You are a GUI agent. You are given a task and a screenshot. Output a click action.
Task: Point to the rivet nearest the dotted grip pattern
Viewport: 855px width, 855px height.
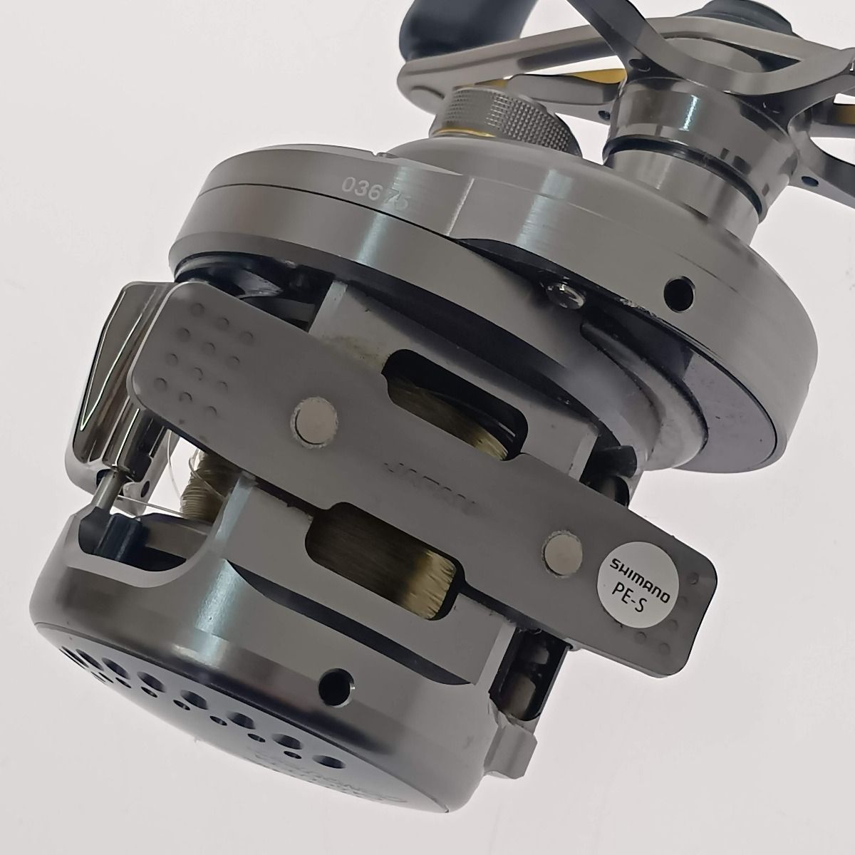[313, 415]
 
